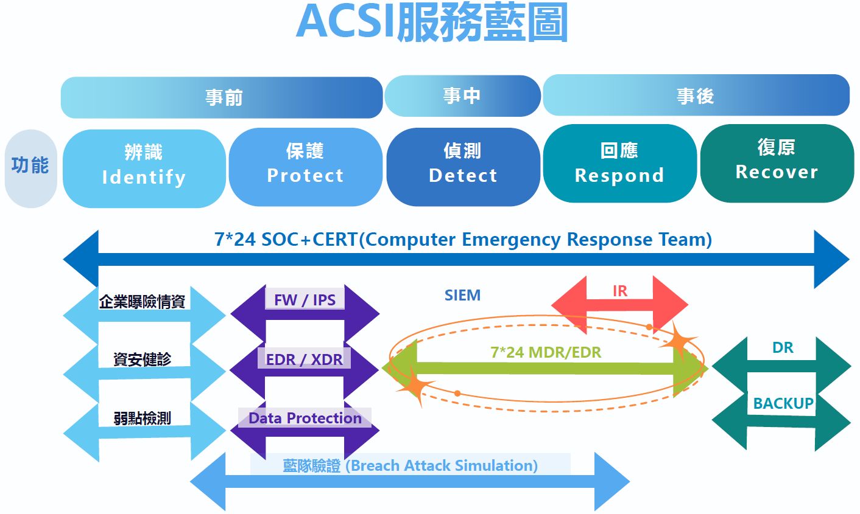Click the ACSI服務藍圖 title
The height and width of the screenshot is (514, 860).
point(432,23)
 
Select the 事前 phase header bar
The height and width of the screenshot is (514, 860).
point(222,97)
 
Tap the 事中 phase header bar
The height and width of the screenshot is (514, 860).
point(462,96)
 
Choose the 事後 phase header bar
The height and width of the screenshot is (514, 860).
point(696,96)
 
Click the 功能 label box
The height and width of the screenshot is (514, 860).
point(30,166)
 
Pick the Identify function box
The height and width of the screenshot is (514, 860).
point(144,167)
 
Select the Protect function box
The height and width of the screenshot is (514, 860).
point(305,165)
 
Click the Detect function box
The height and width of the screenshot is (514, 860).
point(463,165)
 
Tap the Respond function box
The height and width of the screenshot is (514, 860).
point(619,164)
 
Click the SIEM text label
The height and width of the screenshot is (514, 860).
point(462,296)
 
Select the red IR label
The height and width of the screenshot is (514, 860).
point(620,291)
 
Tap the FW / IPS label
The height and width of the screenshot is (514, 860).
point(305,300)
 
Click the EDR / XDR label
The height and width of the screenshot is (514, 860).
point(305,359)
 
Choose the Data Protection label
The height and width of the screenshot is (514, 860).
point(305,418)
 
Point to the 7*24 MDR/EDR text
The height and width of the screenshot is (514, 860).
point(546,352)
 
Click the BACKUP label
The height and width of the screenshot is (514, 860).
point(783,403)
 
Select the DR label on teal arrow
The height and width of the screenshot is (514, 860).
point(783,348)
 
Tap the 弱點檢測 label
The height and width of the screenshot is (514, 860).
point(143,418)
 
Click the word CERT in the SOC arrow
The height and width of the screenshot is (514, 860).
point(335,240)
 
